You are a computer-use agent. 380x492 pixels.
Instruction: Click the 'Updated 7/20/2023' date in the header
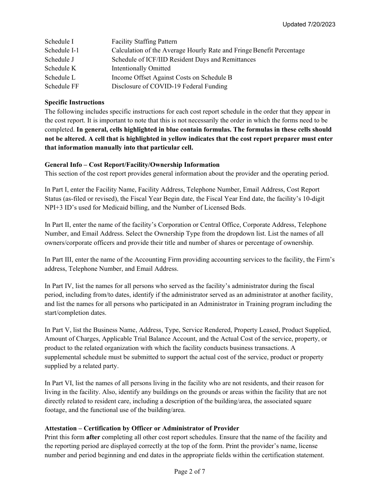coord(309,24)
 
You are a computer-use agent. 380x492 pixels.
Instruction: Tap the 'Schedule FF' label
coord(62,86)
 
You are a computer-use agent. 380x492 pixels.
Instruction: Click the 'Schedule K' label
coord(60,68)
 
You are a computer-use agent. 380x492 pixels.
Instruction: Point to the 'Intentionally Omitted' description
coord(141,68)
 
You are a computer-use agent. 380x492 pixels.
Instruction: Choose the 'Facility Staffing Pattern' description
coord(144,42)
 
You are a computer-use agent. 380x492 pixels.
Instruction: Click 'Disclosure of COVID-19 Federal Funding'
coord(169,86)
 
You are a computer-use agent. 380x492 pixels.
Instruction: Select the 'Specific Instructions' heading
coord(74,102)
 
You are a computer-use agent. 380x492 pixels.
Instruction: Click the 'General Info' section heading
coord(132,165)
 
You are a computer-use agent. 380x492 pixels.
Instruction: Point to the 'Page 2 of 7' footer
coord(190,472)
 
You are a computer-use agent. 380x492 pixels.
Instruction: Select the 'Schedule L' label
coord(60,78)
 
